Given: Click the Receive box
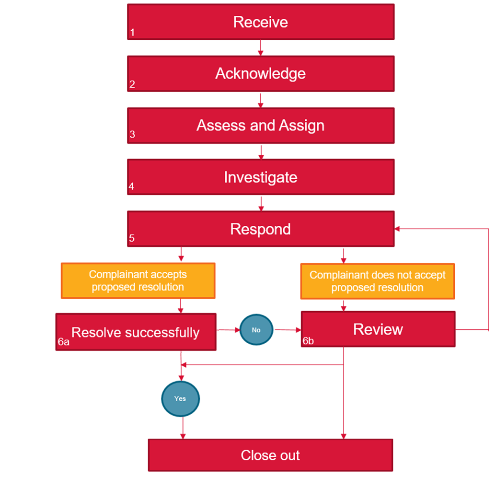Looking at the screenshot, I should tap(261, 22).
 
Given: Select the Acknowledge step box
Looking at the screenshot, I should tap(261, 73).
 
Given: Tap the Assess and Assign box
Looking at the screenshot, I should tap(261, 126).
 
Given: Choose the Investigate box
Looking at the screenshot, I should tap(261, 177).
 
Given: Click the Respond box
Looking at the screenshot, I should tap(261, 229).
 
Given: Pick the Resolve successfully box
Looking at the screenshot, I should tap(136, 332).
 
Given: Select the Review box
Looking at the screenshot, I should tap(378, 329).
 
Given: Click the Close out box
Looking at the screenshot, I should tap(270, 455).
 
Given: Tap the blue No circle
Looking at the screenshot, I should tap(256, 330).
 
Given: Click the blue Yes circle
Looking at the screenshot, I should tap(180, 398).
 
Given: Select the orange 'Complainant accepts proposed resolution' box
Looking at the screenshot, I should tap(138, 281).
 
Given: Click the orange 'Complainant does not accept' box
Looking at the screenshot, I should tap(378, 281).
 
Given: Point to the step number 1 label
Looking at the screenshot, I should tap(132, 33).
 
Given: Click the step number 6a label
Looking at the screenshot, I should tap(64, 341).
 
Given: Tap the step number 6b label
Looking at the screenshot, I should tap(309, 341).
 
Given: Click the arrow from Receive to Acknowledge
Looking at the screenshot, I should tap(261, 47).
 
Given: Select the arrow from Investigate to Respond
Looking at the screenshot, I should tap(261, 203).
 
